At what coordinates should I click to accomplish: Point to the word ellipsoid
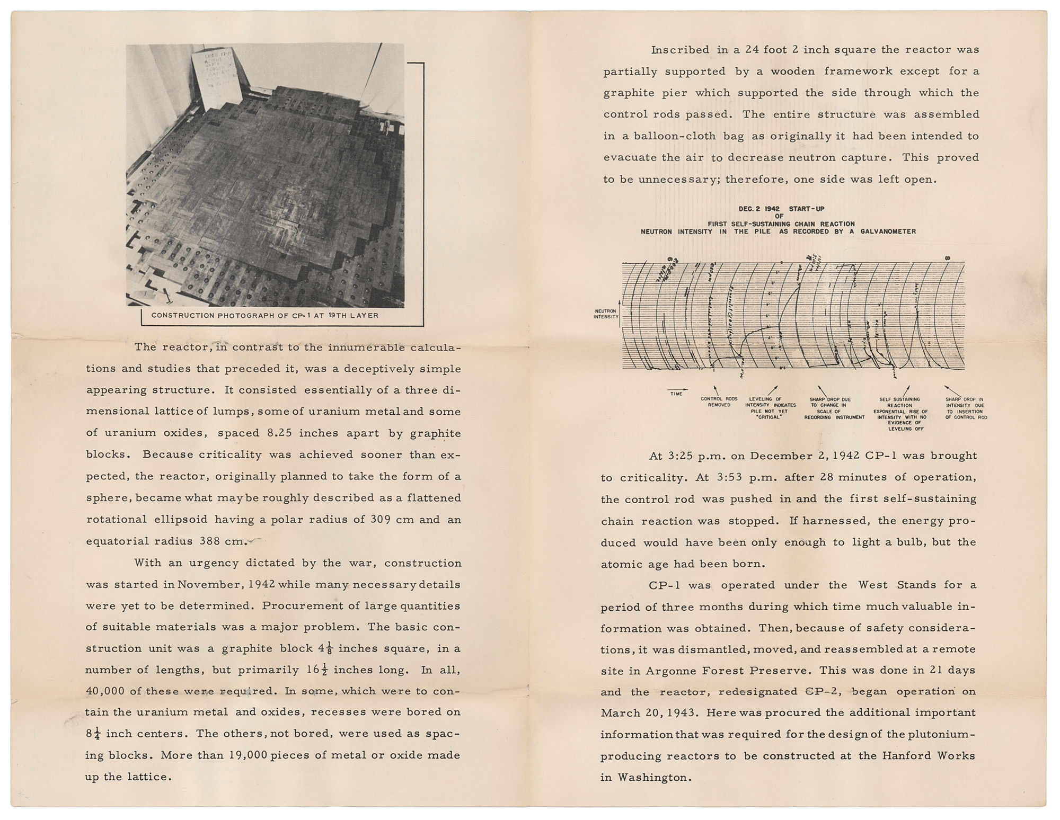(225, 520)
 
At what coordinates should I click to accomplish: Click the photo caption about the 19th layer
(265, 315)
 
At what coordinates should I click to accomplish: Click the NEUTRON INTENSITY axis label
(606, 314)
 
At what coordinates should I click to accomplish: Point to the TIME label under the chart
(676, 394)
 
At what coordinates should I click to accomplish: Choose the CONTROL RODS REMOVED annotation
(719, 402)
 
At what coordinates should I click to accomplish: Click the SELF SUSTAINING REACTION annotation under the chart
(899, 403)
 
